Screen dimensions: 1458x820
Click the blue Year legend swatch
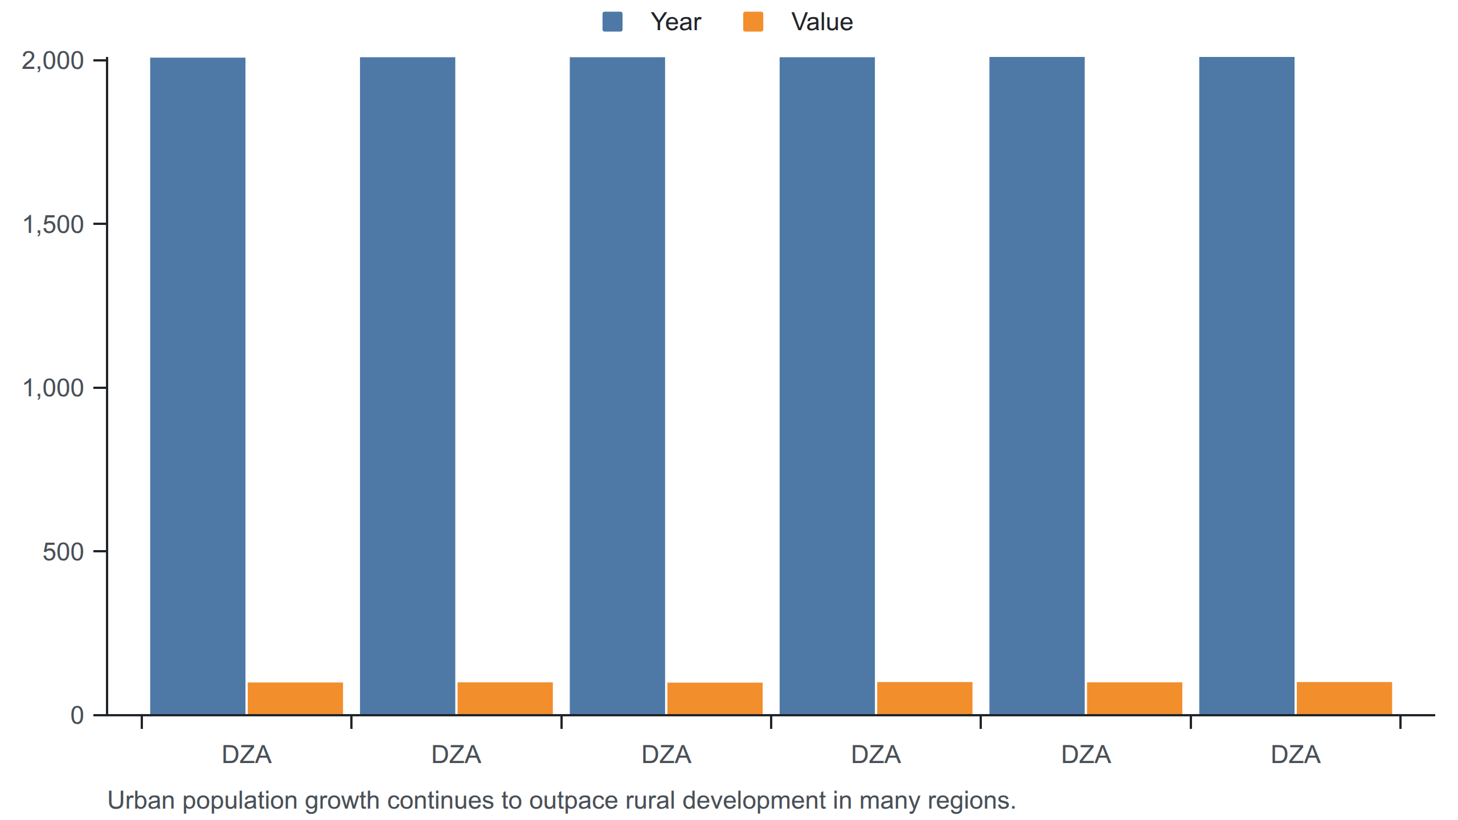(x=612, y=22)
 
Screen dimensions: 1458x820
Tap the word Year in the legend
(x=676, y=22)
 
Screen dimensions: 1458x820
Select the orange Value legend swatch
(x=753, y=22)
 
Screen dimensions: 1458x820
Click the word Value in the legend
(x=822, y=22)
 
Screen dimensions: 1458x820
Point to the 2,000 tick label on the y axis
(x=52, y=60)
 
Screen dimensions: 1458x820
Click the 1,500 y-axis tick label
(x=52, y=224)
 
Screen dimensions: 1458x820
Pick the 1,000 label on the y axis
(x=52, y=388)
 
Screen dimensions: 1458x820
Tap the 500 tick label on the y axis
(x=63, y=552)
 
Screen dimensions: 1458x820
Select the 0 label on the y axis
(x=77, y=715)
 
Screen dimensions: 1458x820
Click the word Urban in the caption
(x=141, y=801)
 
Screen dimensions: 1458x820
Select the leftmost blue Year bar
(x=198, y=386)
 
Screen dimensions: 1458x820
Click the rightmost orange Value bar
(x=1344, y=698)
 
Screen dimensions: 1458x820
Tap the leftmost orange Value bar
(x=295, y=698)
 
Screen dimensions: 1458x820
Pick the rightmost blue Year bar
(x=1247, y=386)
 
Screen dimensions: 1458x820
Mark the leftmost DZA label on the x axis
(x=247, y=755)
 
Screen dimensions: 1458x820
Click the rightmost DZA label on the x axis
(x=1296, y=755)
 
